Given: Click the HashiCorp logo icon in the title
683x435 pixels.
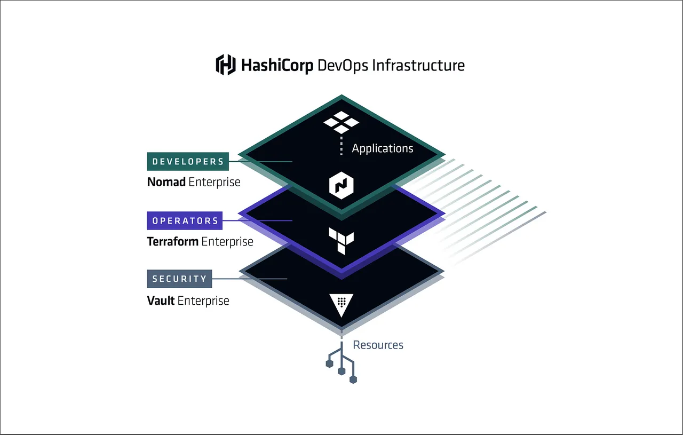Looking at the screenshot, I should tap(225, 65).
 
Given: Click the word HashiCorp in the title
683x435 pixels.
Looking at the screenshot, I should tap(277, 66).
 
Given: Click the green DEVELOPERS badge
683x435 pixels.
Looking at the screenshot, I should tap(188, 161).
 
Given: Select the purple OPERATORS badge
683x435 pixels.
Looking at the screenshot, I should tap(185, 220).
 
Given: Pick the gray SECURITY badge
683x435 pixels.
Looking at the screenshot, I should tap(179, 279).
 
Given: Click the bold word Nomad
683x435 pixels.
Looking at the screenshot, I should tap(166, 182).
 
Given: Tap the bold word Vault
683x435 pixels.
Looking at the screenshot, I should tap(161, 300).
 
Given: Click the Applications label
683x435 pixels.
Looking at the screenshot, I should tap(382, 148).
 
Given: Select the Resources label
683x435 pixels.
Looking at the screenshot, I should tap(378, 345).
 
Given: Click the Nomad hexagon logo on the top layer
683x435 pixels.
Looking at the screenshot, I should tap(341, 186).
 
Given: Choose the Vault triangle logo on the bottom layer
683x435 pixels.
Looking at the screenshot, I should tap(341, 304).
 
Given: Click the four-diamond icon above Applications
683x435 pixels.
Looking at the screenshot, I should tap(341, 122).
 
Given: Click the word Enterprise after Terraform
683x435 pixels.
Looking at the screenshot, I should tap(227, 241).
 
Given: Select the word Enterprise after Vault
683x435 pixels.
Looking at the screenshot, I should tap(203, 300).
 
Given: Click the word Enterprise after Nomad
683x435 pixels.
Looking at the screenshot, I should tap(215, 182).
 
